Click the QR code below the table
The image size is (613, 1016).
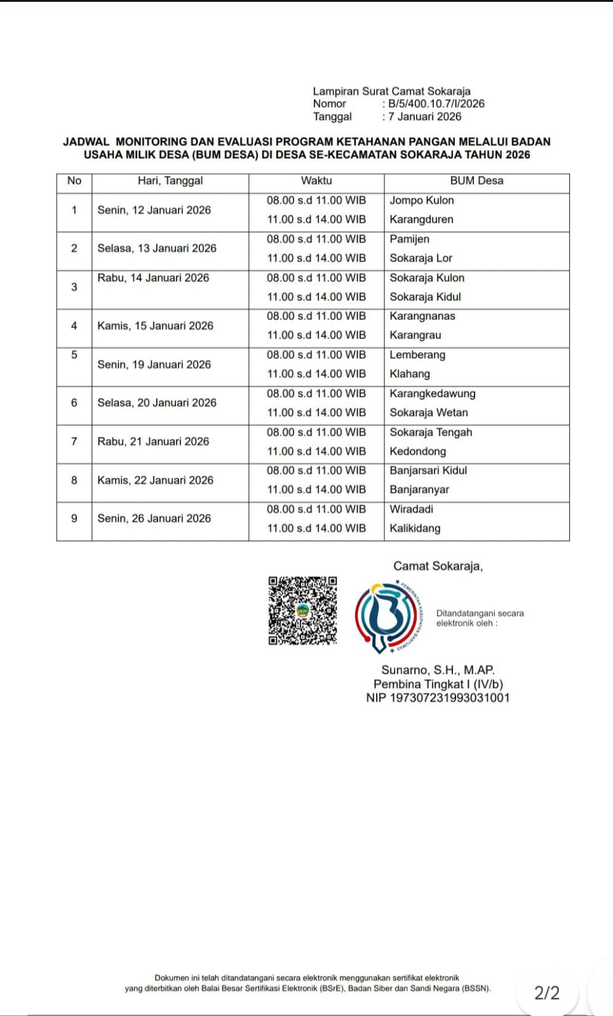(x=302, y=611)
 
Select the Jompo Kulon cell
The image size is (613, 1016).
(x=422, y=201)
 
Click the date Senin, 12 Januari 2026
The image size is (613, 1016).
(x=154, y=210)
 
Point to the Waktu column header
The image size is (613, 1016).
(x=316, y=181)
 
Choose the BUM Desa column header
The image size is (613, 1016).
(x=476, y=181)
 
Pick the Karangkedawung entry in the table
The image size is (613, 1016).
(x=432, y=394)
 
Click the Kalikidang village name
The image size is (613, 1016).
(x=415, y=528)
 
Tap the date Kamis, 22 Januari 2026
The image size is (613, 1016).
(x=155, y=480)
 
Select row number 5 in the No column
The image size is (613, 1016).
(x=74, y=355)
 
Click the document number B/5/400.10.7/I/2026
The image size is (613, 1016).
(x=436, y=104)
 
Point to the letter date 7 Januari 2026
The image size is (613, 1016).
(x=425, y=116)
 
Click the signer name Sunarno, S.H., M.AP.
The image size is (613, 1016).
(x=438, y=670)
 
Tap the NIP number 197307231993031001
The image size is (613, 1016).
(x=438, y=698)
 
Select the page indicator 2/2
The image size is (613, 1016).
(x=547, y=993)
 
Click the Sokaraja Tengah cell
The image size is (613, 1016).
(x=431, y=432)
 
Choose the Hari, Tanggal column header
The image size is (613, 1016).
(x=170, y=181)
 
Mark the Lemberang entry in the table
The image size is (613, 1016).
(x=417, y=355)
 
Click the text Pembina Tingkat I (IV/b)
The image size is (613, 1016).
(x=438, y=684)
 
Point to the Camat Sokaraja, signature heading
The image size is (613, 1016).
(x=438, y=566)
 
